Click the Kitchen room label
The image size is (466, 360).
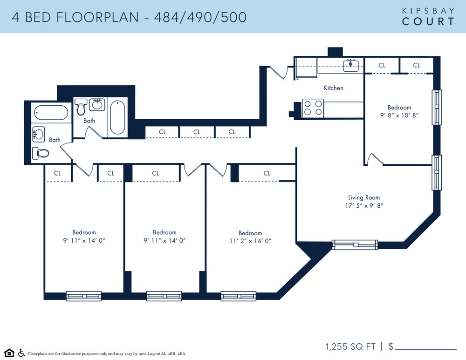click(x=333, y=88)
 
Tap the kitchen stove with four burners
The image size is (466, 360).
click(x=313, y=108)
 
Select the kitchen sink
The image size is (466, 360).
click(x=351, y=66)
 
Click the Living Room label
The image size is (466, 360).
click(x=364, y=197)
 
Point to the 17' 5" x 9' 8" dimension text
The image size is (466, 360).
click(x=364, y=205)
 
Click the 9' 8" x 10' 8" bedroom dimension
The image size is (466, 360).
click(x=399, y=115)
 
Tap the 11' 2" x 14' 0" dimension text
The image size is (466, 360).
click(x=250, y=241)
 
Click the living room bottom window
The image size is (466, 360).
click(x=355, y=245)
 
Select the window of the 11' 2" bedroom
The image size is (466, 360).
click(x=238, y=296)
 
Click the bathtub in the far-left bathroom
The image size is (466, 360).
click(x=51, y=113)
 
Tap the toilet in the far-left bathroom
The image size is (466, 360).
click(x=41, y=153)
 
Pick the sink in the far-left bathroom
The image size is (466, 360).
click(x=39, y=134)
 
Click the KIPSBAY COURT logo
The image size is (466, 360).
click(x=428, y=17)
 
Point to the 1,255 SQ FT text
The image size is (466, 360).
click(x=350, y=346)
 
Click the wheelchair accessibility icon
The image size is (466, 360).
click(x=21, y=353)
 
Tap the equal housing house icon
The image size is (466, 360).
click(x=9, y=353)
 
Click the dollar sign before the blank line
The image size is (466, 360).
click(x=391, y=346)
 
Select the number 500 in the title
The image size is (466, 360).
click(x=233, y=17)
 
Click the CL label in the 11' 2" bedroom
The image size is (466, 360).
click(x=267, y=173)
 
